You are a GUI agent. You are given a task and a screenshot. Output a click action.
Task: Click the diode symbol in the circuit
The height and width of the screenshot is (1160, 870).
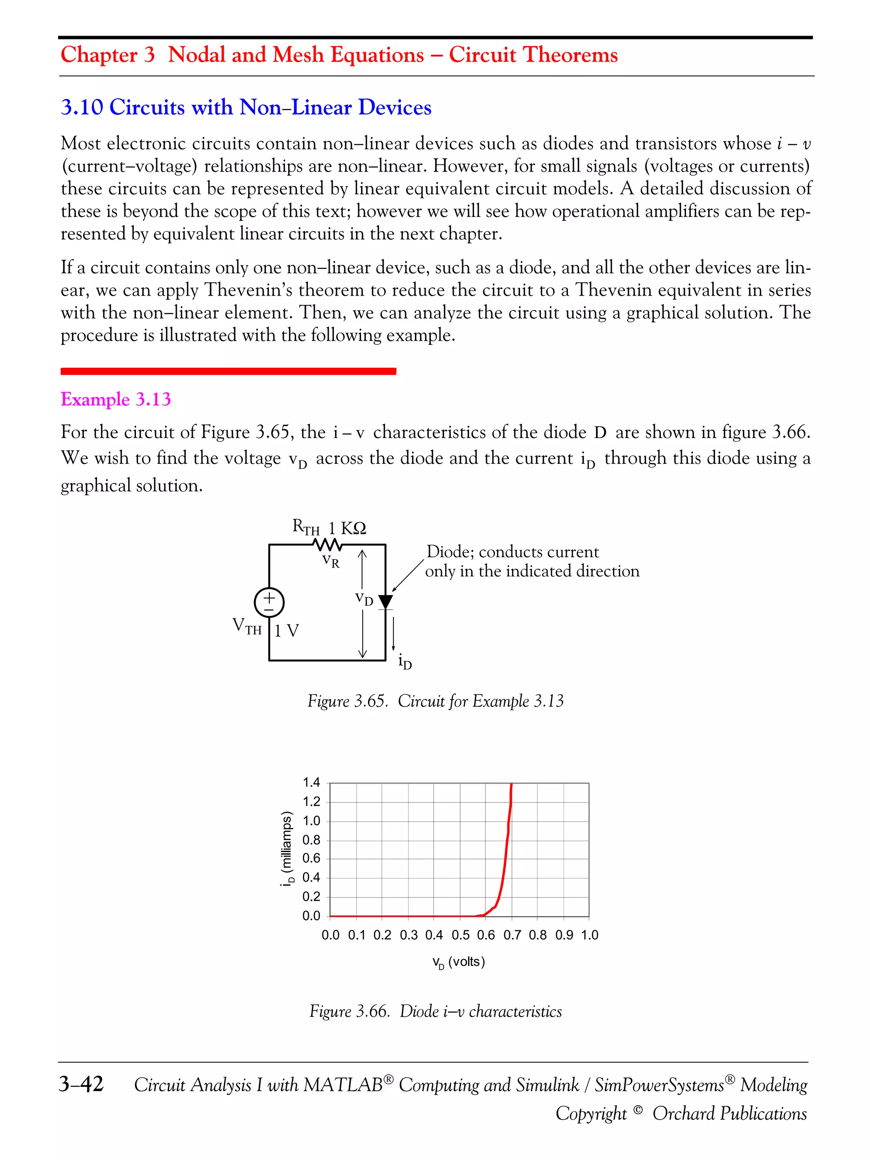click(x=385, y=601)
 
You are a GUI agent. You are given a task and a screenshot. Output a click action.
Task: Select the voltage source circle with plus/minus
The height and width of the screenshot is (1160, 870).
click(x=269, y=603)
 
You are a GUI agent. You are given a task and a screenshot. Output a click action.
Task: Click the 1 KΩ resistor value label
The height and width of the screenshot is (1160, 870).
click(x=347, y=528)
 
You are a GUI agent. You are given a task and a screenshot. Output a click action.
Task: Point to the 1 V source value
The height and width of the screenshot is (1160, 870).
click(x=286, y=630)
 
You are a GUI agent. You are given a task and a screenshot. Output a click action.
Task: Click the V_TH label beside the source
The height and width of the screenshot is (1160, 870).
click(x=246, y=626)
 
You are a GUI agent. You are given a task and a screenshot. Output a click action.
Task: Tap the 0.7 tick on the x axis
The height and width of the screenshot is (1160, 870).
click(x=512, y=935)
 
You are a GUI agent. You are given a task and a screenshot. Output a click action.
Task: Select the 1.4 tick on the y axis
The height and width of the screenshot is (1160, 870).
click(x=311, y=782)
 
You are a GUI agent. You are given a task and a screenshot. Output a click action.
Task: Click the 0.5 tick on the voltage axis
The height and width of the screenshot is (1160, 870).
click(x=460, y=935)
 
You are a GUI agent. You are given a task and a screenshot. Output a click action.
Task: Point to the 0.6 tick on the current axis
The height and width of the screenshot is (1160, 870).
click(x=311, y=858)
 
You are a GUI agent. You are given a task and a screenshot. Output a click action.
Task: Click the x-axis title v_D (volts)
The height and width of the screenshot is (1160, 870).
click(x=458, y=962)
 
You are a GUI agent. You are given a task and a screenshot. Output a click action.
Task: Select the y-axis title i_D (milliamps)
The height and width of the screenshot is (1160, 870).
click(x=286, y=849)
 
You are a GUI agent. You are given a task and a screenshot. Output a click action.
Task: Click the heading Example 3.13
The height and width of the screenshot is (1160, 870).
click(x=116, y=399)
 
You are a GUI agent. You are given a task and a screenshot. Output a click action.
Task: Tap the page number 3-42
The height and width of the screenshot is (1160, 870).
click(x=81, y=1084)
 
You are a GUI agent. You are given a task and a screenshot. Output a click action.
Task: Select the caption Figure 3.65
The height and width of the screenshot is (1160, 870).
click(x=347, y=701)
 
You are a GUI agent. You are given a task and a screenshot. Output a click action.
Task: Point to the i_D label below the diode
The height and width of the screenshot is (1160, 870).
click(x=405, y=662)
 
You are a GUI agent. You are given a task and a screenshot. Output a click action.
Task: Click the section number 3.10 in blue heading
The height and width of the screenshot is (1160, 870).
click(x=82, y=107)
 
